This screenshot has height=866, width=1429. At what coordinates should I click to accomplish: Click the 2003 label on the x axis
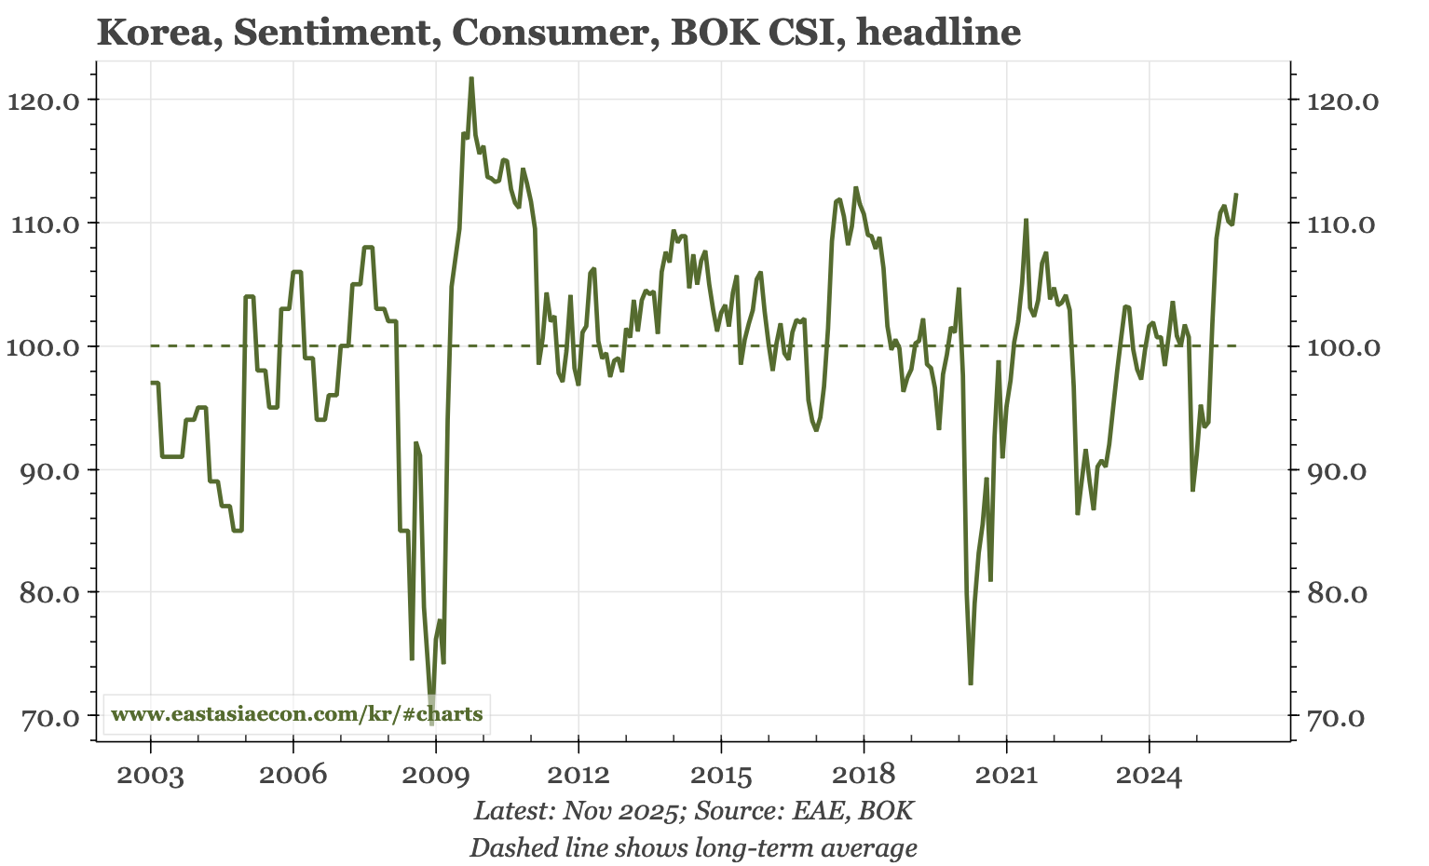coord(150,775)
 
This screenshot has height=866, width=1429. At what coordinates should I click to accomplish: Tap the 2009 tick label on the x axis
coord(435,775)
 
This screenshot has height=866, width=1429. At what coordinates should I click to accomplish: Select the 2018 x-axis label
coord(864,775)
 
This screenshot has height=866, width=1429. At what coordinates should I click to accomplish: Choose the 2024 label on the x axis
coord(1149,775)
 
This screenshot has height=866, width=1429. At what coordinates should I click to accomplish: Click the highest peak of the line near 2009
coord(471,78)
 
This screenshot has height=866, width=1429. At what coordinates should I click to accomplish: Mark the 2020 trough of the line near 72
coord(971,684)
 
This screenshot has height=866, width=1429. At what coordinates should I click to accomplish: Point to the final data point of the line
coord(1236,195)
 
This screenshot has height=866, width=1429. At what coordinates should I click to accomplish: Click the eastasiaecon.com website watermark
coord(296,714)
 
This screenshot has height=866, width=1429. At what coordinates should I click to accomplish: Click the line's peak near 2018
coord(855,188)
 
